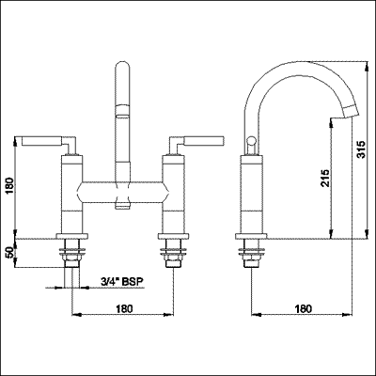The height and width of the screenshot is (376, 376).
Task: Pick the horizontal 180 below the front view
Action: click(x=122, y=307)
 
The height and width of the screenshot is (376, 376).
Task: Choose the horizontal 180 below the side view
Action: click(x=303, y=307)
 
